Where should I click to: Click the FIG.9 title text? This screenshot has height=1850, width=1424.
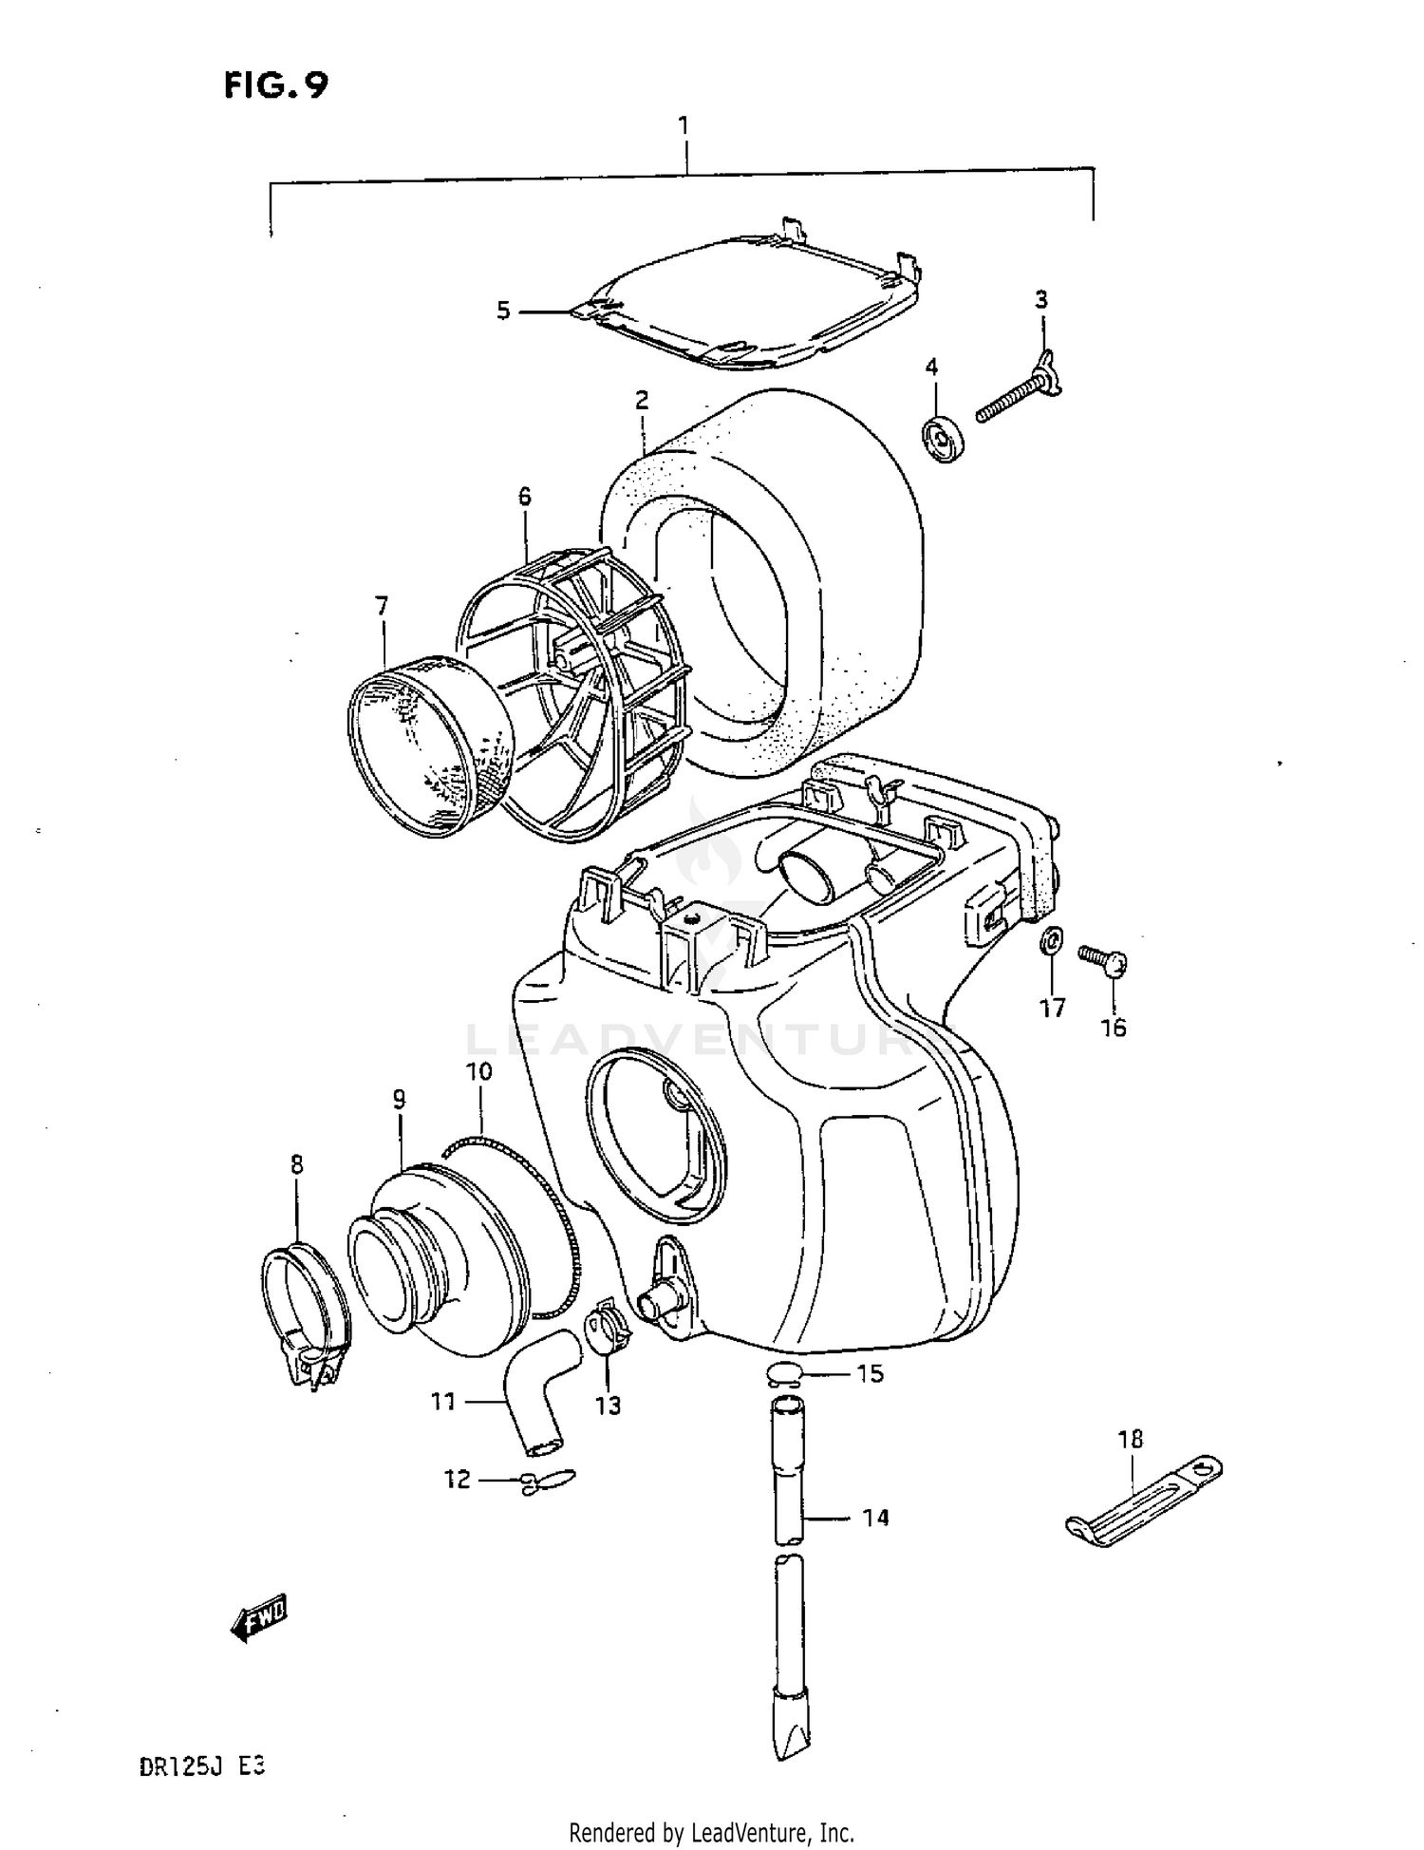point(276,86)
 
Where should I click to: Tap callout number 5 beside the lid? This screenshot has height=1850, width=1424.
point(503,311)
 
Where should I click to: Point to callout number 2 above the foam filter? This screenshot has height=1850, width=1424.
point(643,400)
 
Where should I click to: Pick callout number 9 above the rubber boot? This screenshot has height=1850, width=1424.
point(399,1100)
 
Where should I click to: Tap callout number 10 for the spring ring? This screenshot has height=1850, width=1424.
point(478,1072)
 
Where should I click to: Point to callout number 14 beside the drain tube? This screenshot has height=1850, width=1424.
point(875,1518)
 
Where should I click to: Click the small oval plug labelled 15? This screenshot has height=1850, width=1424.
point(786,1373)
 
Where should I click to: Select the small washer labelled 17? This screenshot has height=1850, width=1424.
point(1051,941)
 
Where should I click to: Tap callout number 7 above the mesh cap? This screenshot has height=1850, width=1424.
point(382,606)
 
